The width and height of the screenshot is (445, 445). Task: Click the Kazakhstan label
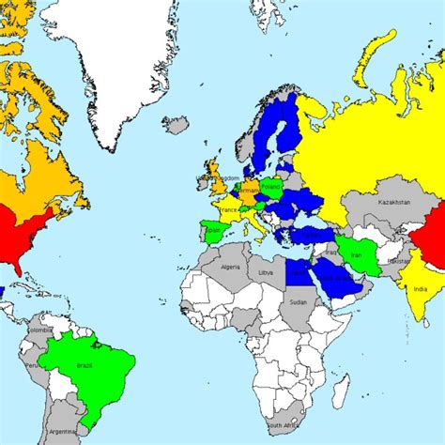click(x=394, y=202)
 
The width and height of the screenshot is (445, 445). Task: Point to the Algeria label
click(x=231, y=267)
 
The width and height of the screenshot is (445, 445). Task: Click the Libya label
click(x=267, y=272)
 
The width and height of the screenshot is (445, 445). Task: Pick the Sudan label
click(x=299, y=302)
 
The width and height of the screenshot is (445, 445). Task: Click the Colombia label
click(x=40, y=330)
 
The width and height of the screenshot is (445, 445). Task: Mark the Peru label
click(x=31, y=365)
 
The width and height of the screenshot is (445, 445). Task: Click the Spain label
click(x=213, y=229)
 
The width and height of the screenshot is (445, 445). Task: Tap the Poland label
click(x=271, y=187)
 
